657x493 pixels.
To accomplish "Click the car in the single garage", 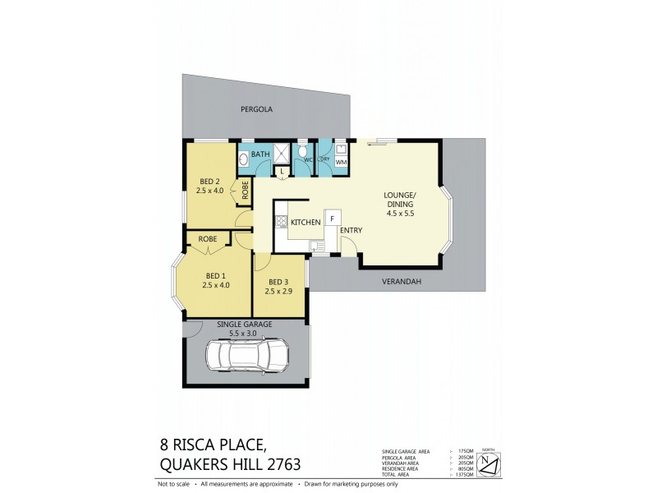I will [247, 356].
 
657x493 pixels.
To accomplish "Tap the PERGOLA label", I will [256, 109].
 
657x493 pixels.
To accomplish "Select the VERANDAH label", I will [402, 281].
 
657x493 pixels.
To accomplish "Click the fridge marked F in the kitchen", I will [333, 219].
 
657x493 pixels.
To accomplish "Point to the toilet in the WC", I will [303, 153].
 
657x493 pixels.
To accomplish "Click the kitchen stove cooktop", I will [281, 222].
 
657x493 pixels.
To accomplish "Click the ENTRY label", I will [351, 231].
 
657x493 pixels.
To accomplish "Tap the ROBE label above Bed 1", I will [208, 238].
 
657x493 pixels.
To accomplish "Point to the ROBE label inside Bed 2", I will [245, 190].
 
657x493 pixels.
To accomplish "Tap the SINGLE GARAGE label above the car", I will [244, 325].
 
